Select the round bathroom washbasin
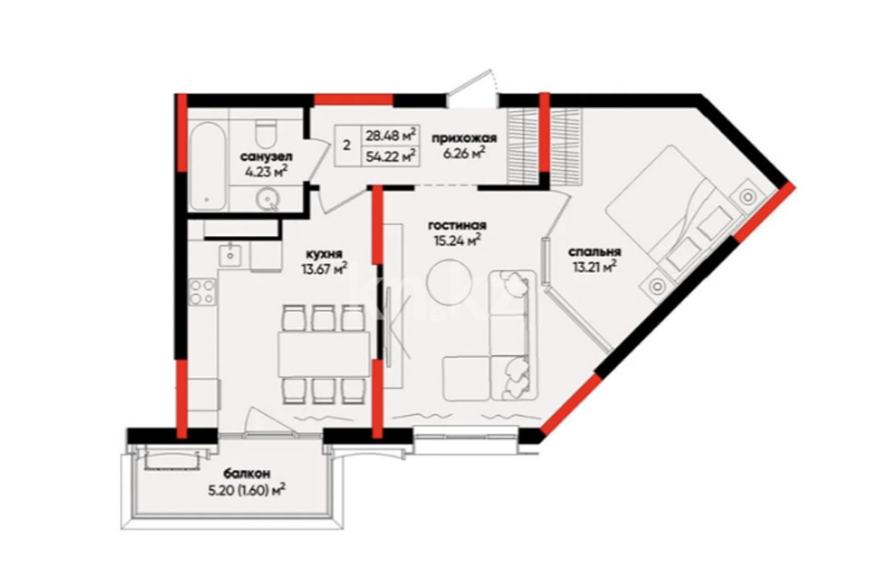click(269, 199)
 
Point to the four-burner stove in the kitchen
click(203, 292)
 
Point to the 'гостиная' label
click(457, 225)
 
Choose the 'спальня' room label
click(594, 252)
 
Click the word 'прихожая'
click(464, 138)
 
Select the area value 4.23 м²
click(266, 171)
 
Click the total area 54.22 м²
click(392, 156)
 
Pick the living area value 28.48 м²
click(392, 134)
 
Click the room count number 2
click(347, 146)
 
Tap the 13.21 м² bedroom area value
click(594, 268)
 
